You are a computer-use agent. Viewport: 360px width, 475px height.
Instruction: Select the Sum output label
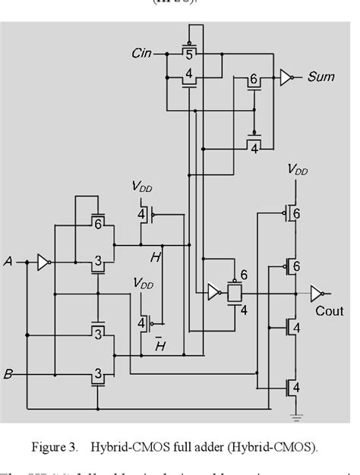coord(321,77)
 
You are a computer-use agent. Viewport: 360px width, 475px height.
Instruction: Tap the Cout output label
coord(330,311)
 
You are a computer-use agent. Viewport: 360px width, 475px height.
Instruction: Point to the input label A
coord(8,262)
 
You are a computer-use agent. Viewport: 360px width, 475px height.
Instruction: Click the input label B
coord(8,374)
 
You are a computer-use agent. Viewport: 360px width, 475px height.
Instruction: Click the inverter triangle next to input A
coord(45,263)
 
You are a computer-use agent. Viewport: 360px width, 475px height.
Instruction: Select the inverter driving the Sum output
coord(286,77)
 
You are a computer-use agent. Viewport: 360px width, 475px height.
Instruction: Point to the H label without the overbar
coord(155,258)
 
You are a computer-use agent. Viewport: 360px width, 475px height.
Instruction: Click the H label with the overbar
coord(160,346)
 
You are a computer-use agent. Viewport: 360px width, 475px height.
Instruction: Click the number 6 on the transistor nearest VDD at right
coord(297,215)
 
